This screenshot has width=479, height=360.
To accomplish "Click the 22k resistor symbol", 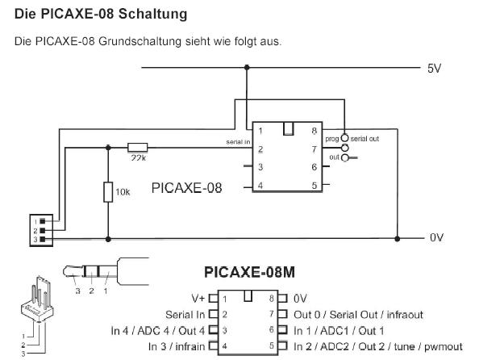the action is (x=137, y=148).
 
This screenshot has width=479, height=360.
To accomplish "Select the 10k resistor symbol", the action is (x=108, y=192).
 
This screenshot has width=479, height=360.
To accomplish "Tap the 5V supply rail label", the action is (x=434, y=69).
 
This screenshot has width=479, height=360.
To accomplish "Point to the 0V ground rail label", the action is (x=436, y=237).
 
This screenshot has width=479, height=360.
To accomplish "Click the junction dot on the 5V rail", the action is (x=247, y=67).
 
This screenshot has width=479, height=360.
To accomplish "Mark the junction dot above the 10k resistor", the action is (x=108, y=148).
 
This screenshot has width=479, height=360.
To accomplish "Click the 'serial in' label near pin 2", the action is (x=238, y=142).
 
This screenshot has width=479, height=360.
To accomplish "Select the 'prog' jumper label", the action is (x=332, y=139).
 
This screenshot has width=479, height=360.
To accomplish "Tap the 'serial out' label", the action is (x=364, y=139).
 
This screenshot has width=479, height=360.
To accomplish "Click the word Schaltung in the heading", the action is (x=152, y=14).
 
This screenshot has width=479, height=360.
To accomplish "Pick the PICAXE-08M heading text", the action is (x=250, y=272).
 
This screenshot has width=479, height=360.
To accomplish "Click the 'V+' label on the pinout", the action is (x=198, y=299).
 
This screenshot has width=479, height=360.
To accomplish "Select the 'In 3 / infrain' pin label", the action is (x=177, y=346).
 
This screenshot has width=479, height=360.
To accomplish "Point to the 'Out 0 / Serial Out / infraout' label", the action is (x=358, y=315).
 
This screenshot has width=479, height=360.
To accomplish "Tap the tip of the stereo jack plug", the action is (x=65, y=271).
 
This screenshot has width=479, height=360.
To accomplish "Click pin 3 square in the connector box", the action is (x=43, y=239).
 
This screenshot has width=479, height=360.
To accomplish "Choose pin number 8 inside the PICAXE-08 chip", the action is (x=314, y=131).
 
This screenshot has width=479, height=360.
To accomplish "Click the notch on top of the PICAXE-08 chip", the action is (x=288, y=128).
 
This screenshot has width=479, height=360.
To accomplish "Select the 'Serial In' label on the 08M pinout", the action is (x=185, y=315).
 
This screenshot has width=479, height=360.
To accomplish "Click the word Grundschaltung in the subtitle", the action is (x=140, y=41).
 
